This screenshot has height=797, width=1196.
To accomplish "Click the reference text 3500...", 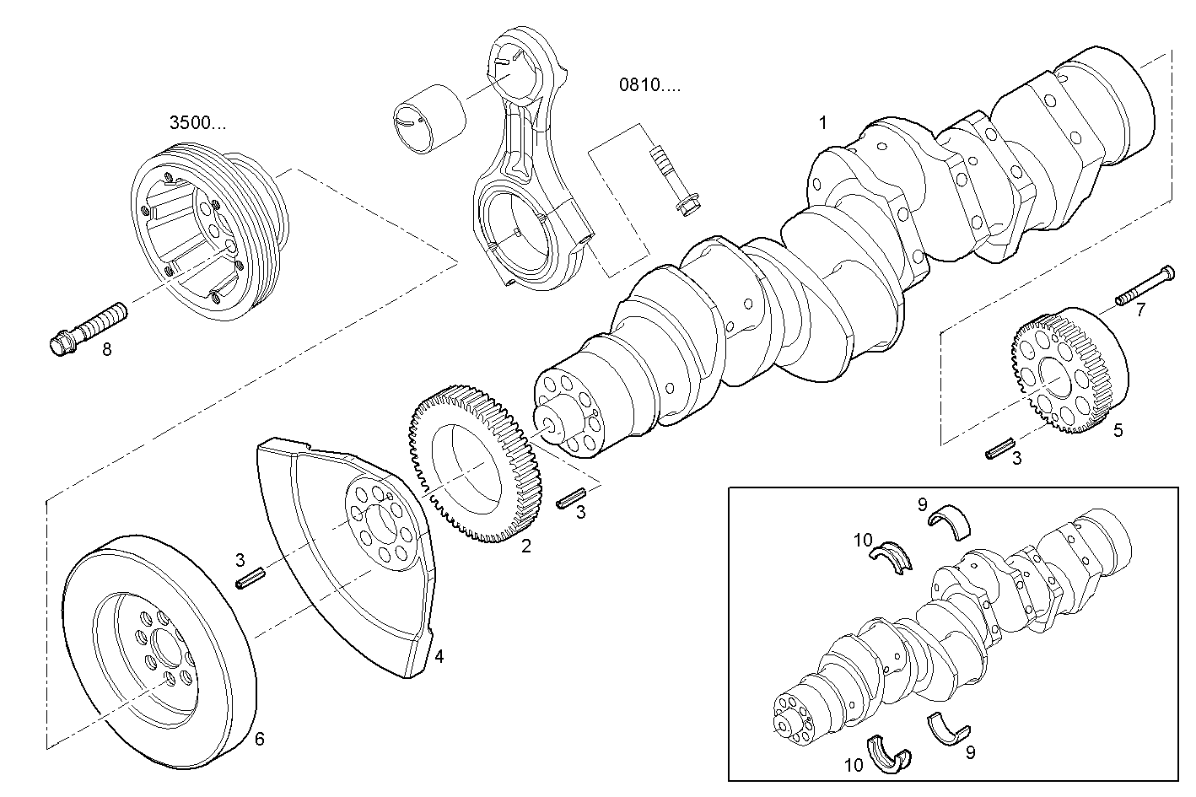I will coord(198,123).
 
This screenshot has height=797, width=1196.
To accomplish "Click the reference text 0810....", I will coord(649,84).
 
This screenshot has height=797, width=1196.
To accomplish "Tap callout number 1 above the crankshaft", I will coord(823,122).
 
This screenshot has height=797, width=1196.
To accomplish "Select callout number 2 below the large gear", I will coord(526,546).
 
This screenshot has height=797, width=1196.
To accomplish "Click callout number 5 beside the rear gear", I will coord(1118,430).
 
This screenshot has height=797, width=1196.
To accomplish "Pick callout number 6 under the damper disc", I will coord(260,739).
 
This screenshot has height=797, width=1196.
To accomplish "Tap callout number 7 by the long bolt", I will coord(1140,310).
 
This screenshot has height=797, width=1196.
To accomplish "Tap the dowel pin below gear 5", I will coord(999,448).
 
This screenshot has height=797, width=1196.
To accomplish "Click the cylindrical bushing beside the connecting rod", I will coord(429,116).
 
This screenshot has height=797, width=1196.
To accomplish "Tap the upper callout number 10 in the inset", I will coord(861,540).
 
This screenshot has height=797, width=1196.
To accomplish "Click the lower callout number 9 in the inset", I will coord(970,752).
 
